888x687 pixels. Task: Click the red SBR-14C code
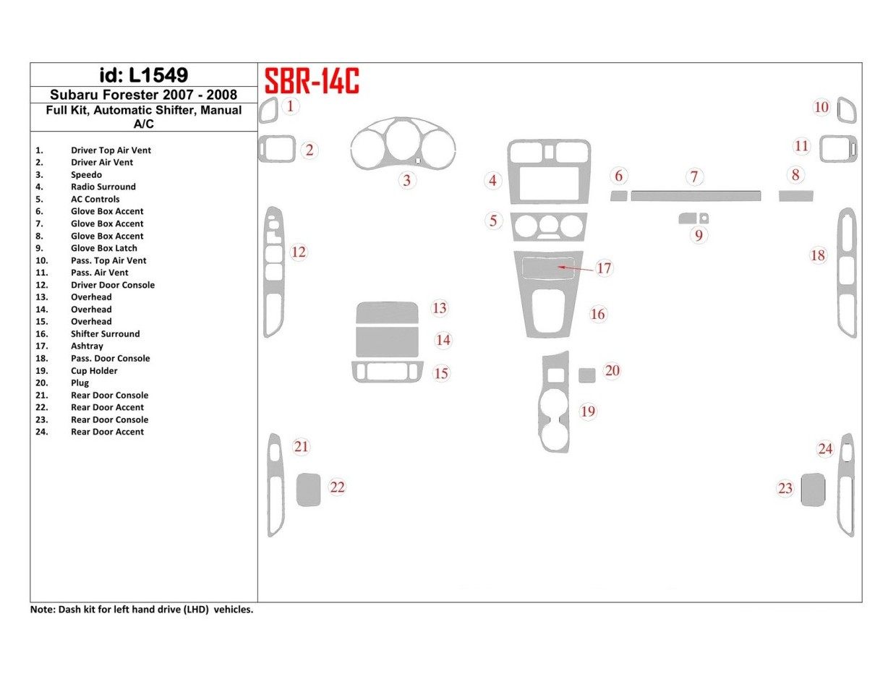[x=312, y=81]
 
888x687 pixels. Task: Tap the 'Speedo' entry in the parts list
[x=86, y=174]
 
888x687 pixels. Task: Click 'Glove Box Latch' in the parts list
[x=103, y=248]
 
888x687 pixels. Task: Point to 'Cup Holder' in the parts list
[x=94, y=370]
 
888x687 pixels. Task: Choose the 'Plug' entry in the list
[x=80, y=383]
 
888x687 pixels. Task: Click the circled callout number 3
[x=407, y=180]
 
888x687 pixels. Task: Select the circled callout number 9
[x=698, y=235]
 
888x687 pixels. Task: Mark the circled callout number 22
[x=337, y=487]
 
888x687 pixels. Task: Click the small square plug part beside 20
[x=587, y=375]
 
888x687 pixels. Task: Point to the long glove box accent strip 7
[x=695, y=195]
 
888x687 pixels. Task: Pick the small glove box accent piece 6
[x=618, y=195]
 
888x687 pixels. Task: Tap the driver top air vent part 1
[x=268, y=112]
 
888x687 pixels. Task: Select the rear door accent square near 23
[x=813, y=490]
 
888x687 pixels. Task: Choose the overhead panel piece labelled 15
[x=387, y=372]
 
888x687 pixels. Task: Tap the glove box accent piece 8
[x=795, y=195]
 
